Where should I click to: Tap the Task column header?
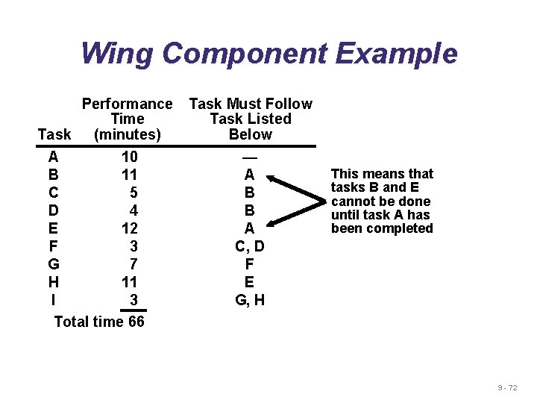click(54, 134)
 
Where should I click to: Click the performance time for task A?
click(130, 157)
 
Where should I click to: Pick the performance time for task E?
click(130, 228)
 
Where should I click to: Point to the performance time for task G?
click(134, 263)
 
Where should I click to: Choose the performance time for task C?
click(134, 193)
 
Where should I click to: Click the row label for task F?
click(53, 246)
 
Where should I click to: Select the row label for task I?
click(53, 299)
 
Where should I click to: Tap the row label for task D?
click(53, 210)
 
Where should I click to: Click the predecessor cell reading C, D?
click(250, 246)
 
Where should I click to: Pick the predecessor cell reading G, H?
click(250, 300)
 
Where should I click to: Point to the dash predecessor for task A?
click(250, 157)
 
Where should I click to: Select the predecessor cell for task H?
click(250, 281)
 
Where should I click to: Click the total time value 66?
click(136, 322)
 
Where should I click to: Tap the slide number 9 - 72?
click(508, 387)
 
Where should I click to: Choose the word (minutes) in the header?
click(127, 134)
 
